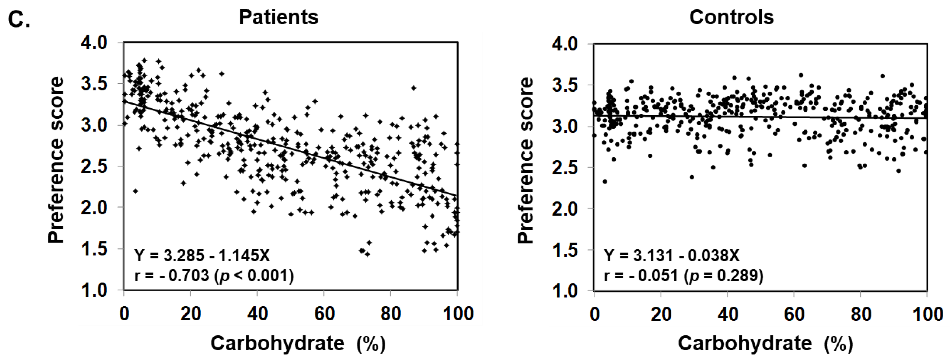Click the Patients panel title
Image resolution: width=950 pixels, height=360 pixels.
coord(278,17)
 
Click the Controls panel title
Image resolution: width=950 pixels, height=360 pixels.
coord(731,17)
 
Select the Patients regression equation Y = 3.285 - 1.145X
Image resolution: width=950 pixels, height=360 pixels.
coord(202,255)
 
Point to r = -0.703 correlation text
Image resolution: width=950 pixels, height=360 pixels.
coord(214,275)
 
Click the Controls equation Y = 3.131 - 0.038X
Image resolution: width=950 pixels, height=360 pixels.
coord(672,255)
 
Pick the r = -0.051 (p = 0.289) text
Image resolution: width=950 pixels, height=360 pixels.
coord(683,275)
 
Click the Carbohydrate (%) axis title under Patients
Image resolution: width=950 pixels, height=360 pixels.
coord(298,344)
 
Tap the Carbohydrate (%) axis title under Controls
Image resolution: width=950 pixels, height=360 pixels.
coord(766,344)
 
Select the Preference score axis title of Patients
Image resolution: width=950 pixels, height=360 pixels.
coord(56,160)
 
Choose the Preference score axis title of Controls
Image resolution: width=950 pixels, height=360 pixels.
coord(525,160)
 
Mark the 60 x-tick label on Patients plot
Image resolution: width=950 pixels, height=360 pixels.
coord(324,314)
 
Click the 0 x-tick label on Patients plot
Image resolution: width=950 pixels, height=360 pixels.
coord(125,314)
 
